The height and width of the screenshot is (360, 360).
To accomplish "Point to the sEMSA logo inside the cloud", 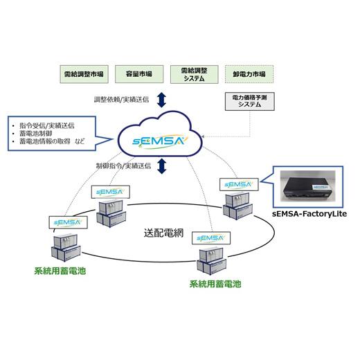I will point(161,142).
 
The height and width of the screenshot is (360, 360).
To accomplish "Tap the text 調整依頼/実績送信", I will point(122,100).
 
